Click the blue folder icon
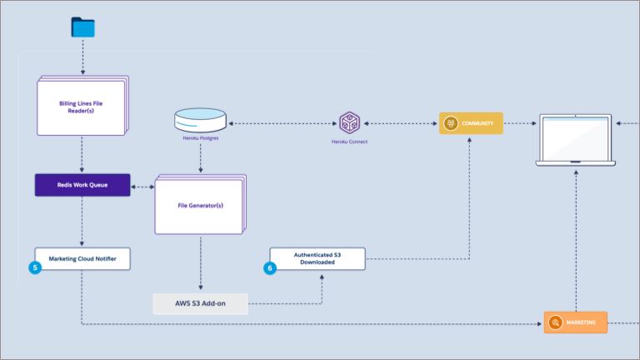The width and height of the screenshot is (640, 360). coord(82,27)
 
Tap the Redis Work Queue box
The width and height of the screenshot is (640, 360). coord(82,185)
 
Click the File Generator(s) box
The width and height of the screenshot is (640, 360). coord(199,205)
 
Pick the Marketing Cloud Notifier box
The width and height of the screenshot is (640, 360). coord(82,258)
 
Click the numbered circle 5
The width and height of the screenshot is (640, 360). coord(35,268)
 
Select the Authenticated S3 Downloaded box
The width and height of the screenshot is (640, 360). coord(317,258)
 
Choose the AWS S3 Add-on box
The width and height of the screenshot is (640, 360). coord(200,303)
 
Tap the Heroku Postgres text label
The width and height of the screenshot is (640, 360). coord(200,138)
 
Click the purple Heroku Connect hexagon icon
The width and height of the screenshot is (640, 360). coord(348,123)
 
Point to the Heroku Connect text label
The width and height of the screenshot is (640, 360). coord(348,142)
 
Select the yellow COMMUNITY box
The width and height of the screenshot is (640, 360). coord(471,123)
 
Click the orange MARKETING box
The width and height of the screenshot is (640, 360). coord(576,322)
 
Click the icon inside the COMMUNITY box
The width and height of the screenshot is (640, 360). coord(451,123)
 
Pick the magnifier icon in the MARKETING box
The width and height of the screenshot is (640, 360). coord(555,322)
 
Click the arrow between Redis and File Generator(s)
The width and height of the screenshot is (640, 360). coord(142,187)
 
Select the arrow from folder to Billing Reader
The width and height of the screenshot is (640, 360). coord(82,57)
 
